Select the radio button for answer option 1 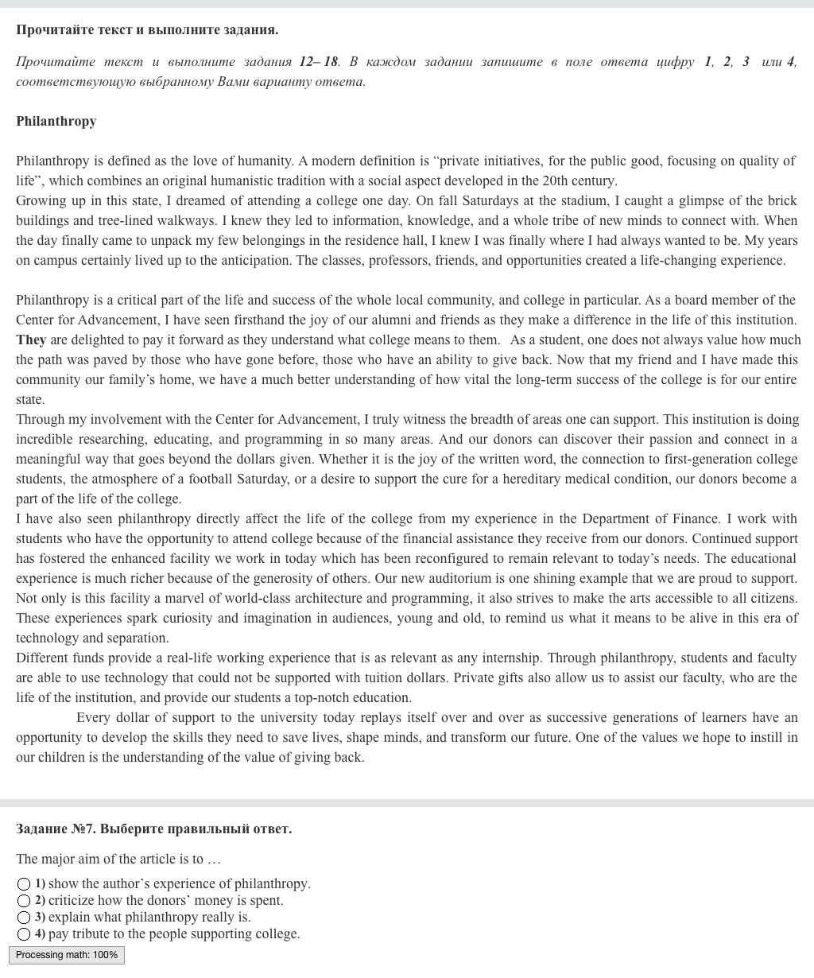point(25,884)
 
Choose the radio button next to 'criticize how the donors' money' point(25,901)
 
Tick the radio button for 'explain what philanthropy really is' point(25,918)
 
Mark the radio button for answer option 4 point(25,934)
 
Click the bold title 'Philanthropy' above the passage point(56,122)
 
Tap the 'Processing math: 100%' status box point(67,955)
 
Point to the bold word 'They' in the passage point(31,340)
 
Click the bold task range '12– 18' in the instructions point(319,62)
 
